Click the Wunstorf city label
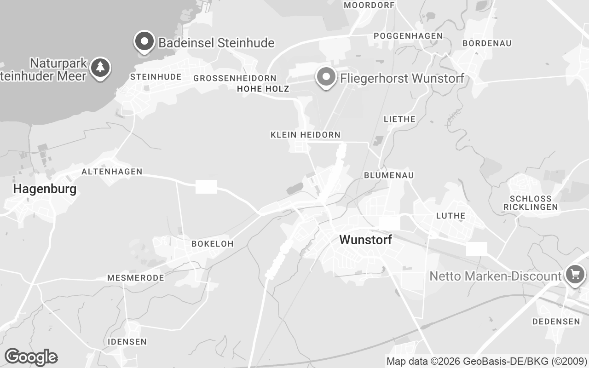[365, 240]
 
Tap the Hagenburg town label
[45, 189]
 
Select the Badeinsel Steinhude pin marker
[144, 42]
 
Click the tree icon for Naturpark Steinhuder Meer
[100, 68]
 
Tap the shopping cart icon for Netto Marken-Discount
[574, 275]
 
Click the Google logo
[31, 357]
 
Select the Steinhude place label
[156, 77]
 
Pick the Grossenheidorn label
[235, 78]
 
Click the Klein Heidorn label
[306, 135]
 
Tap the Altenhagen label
[112, 172]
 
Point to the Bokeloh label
[212, 243]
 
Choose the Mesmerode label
[135, 278]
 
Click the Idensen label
[127, 342]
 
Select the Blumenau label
[388, 175]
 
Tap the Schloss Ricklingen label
[530, 203]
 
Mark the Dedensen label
[556, 322]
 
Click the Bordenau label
[487, 43]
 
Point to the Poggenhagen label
[408, 36]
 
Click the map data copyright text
[486, 361]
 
